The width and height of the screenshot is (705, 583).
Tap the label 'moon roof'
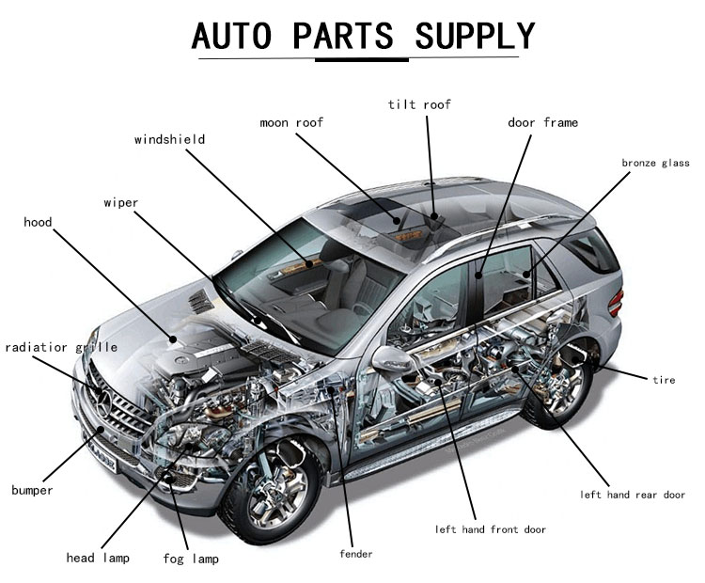pyautogui.click(x=291, y=122)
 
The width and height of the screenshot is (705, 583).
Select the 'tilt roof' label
pyautogui.click(x=419, y=103)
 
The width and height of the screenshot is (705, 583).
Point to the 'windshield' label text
pyautogui.click(x=169, y=140)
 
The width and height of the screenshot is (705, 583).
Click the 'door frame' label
pyautogui.click(x=542, y=122)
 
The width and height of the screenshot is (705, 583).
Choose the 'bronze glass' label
pyautogui.click(x=655, y=163)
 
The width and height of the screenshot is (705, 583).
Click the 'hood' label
pyautogui.click(x=38, y=223)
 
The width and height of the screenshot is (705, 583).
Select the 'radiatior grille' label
pyautogui.click(x=61, y=347)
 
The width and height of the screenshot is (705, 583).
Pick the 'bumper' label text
pyautogui.click(x=32, y=490)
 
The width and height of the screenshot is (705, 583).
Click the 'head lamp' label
pyautogui.click(x=97, y=558)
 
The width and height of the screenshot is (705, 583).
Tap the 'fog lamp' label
pyautogui.click(x=194, y=559)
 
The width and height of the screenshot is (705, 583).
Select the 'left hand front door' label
pyautogui.click(x=490, y=529)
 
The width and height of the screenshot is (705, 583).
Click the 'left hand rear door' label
pyautogui.click(x=632, y=495)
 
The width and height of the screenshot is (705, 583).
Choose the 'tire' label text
pyautogui.click(x=664, y=380)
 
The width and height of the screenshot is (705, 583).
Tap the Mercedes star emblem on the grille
pyautogui.click(x=105, y=404)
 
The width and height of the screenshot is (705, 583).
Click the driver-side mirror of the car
pyautogui.click(x=388, y=358)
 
